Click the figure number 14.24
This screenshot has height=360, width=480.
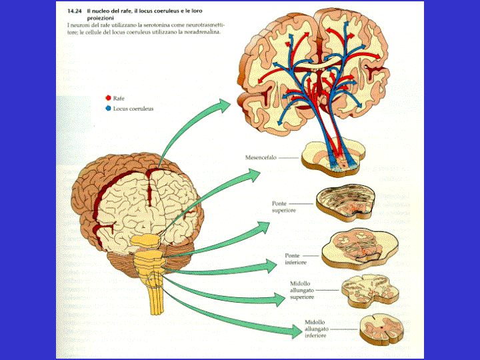click(x=75, y=11)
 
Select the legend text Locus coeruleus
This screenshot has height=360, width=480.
click(x=133, y=108)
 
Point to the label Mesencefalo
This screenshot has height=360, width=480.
click(x=261, y=158)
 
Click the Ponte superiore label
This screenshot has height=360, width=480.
click(x=284, y=206)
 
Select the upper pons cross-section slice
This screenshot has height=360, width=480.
click(x=344, y=203)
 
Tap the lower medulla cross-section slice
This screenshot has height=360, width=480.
click(x=380, y=328)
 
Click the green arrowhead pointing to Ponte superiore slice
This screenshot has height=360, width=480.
click(x=263, y=226)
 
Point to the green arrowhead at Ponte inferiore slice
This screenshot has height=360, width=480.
click(x=269, y=265)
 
